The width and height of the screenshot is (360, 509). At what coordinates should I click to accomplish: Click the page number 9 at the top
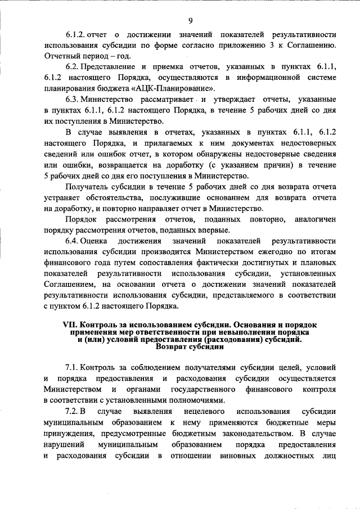190,21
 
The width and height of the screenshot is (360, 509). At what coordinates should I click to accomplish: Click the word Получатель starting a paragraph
88,186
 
